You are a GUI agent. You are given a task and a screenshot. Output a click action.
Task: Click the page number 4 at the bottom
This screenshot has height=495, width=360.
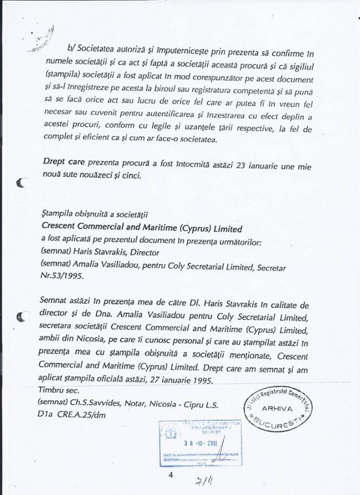171,475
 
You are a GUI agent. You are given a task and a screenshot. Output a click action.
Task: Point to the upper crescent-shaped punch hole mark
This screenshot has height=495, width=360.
23,183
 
